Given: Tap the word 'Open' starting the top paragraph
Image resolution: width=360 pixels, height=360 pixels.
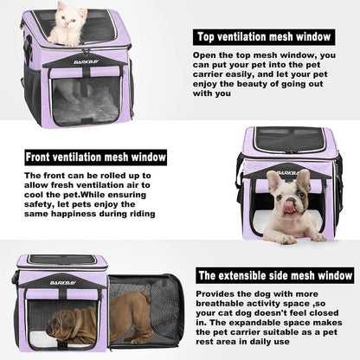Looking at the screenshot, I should click(x=205, y=55).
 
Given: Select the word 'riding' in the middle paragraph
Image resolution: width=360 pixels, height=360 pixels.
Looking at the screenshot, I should click(x=140, y=213).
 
